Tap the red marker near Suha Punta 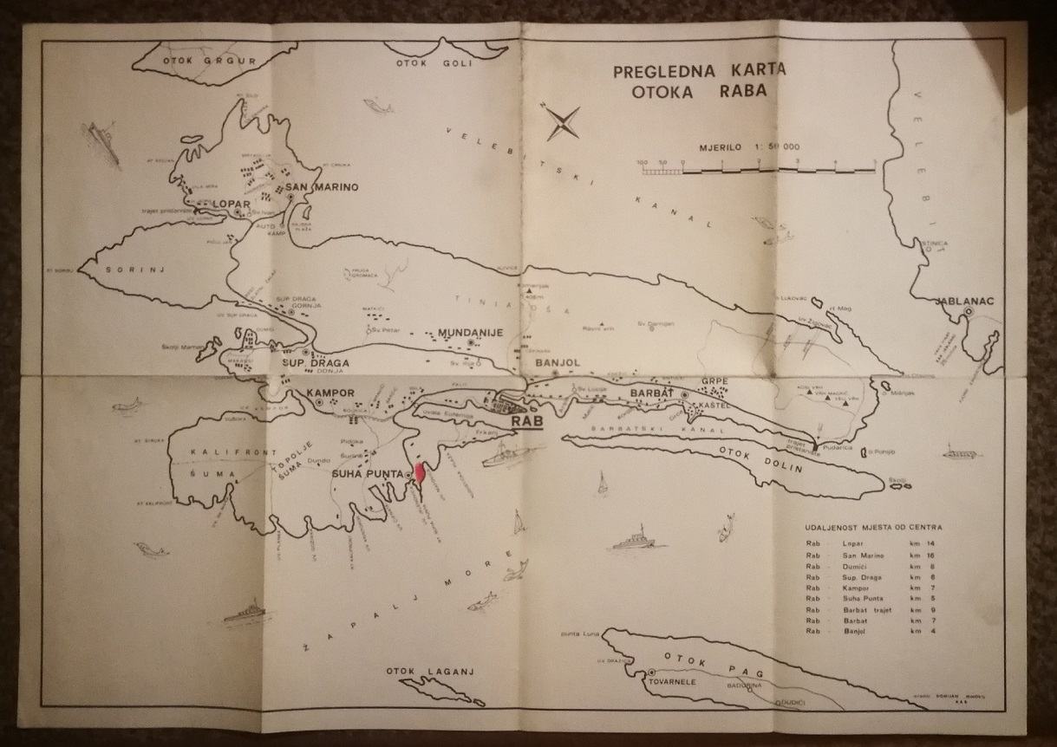[x=420, y=473]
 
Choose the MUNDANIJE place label [x=470, y=332]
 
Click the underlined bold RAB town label [x=526, y=422]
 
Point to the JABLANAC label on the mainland [x=964, y=302]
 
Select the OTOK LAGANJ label [x=420, y=672]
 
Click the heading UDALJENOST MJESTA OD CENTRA [x=873, y=527]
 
